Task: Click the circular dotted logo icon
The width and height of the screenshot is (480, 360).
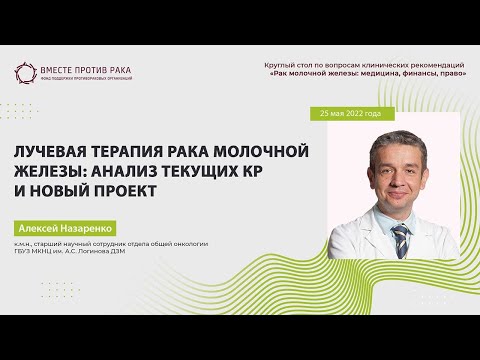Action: coord(24,73)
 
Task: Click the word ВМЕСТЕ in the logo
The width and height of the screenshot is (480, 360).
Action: coord(58,71)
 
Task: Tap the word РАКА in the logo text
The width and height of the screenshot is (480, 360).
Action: coord(118,71)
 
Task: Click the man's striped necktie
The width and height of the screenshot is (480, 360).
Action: coord(400,240)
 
